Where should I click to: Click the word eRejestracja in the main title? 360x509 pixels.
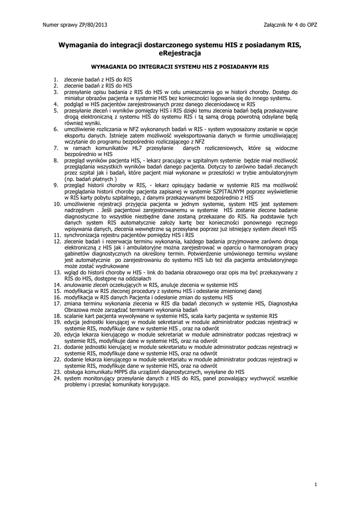click(180, 53)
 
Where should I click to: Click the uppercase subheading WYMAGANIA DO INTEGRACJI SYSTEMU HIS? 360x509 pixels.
click(180, 66)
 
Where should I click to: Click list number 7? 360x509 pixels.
click(56, 148)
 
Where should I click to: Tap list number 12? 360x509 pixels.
click(57, 241)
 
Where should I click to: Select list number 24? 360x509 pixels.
click(57, 378)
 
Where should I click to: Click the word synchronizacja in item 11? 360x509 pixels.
click(83, 235)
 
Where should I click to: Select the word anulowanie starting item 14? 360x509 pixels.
click(79, 285)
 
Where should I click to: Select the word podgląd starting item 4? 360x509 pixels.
click(74, 104)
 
